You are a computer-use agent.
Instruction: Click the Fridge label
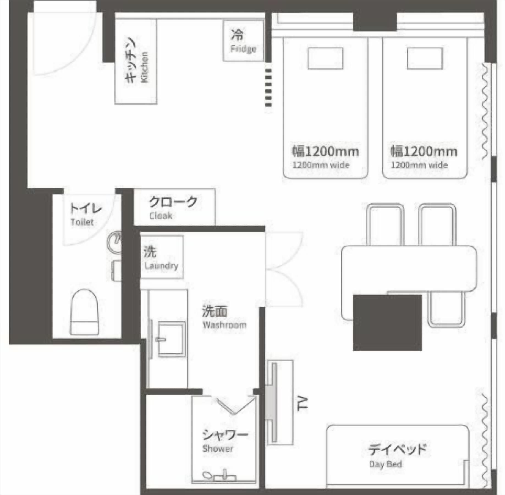coord(243,49)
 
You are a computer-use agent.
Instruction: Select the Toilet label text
coord(82,222)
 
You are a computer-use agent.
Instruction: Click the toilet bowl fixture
coord(84,312)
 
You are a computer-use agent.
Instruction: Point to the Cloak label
coord(161,216)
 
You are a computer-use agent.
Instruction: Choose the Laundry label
coord(161,266)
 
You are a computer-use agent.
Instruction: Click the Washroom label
coord(224,325)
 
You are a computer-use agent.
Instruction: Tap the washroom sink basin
coord(172,339)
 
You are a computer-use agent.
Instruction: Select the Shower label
coord(218,449)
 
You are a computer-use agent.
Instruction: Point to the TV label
coord(303,404)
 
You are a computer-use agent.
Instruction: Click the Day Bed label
coord(385,464)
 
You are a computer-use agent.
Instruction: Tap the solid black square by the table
coord(387,323)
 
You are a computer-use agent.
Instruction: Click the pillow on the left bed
coord(325,58)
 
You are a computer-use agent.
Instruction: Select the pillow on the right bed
coord(425,58)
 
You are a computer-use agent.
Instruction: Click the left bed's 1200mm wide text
coord(321,165)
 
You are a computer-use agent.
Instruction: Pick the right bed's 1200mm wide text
coord(419,165)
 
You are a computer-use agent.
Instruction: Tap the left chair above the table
coord(386,224)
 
